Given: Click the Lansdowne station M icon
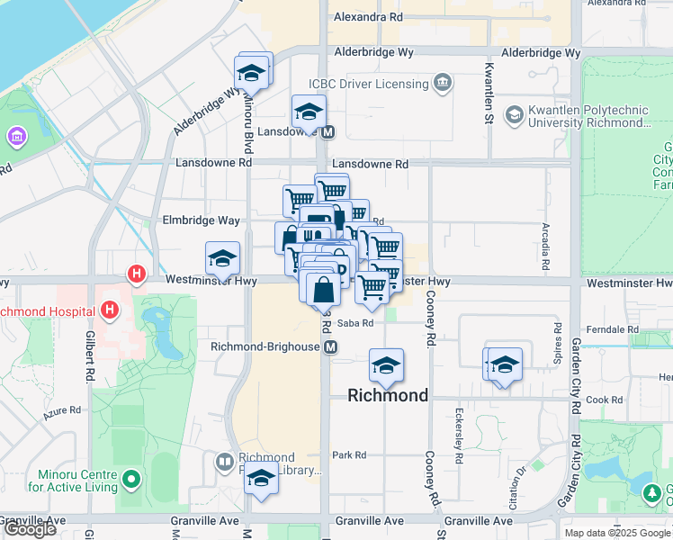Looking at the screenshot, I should coord(328,131).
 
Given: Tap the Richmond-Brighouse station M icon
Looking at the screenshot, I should coord(331,347).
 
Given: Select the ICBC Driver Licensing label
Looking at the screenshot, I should coord(369,84).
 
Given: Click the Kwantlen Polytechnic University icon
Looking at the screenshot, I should coord(514,115).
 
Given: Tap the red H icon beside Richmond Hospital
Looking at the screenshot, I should coord(110,311).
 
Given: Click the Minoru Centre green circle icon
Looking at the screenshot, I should coord(131,480).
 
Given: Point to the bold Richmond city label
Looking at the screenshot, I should coord(388,395).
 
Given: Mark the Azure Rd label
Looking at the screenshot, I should coord(62,415).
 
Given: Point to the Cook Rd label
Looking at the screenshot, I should coord(604,400).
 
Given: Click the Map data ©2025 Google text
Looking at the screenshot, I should coord(617,533).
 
